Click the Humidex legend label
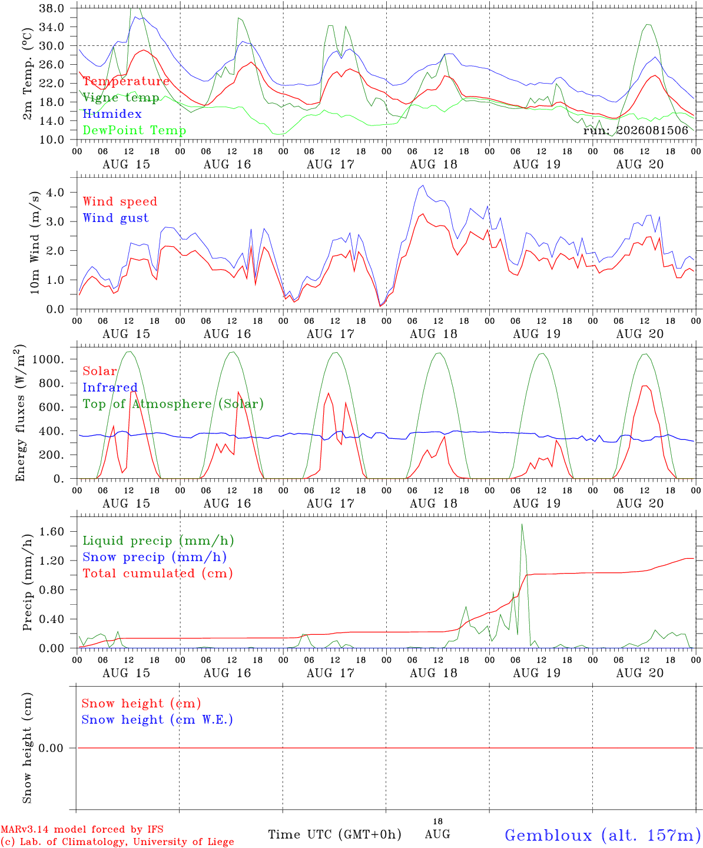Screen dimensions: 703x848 [x=112, y=114]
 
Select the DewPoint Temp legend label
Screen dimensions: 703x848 [x=134, y=130]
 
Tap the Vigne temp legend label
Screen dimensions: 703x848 [x=121, y=98]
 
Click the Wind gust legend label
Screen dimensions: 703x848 [x=116, y=218]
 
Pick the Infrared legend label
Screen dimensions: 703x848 [x=110, y=387]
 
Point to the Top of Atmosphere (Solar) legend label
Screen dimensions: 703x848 [x=174, y=404]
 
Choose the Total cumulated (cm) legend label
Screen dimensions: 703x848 [x=158, y=573]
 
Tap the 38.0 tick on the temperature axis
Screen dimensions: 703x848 [x=52, y=8]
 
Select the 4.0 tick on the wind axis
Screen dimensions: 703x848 [x=55, y=192]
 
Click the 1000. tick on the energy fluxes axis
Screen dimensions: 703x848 [x=48, y=359]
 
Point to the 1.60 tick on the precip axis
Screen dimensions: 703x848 [x=52, y=531]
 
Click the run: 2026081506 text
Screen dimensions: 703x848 [x=635, y=130]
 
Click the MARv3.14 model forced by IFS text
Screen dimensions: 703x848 [x=82, y=829]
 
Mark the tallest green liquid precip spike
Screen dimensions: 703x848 [x=522, y=524]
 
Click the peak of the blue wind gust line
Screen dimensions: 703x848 [x=423, y=185]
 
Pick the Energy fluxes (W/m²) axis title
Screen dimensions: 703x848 [x=20, y=413]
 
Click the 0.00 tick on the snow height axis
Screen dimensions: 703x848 [x=51, y=748]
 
